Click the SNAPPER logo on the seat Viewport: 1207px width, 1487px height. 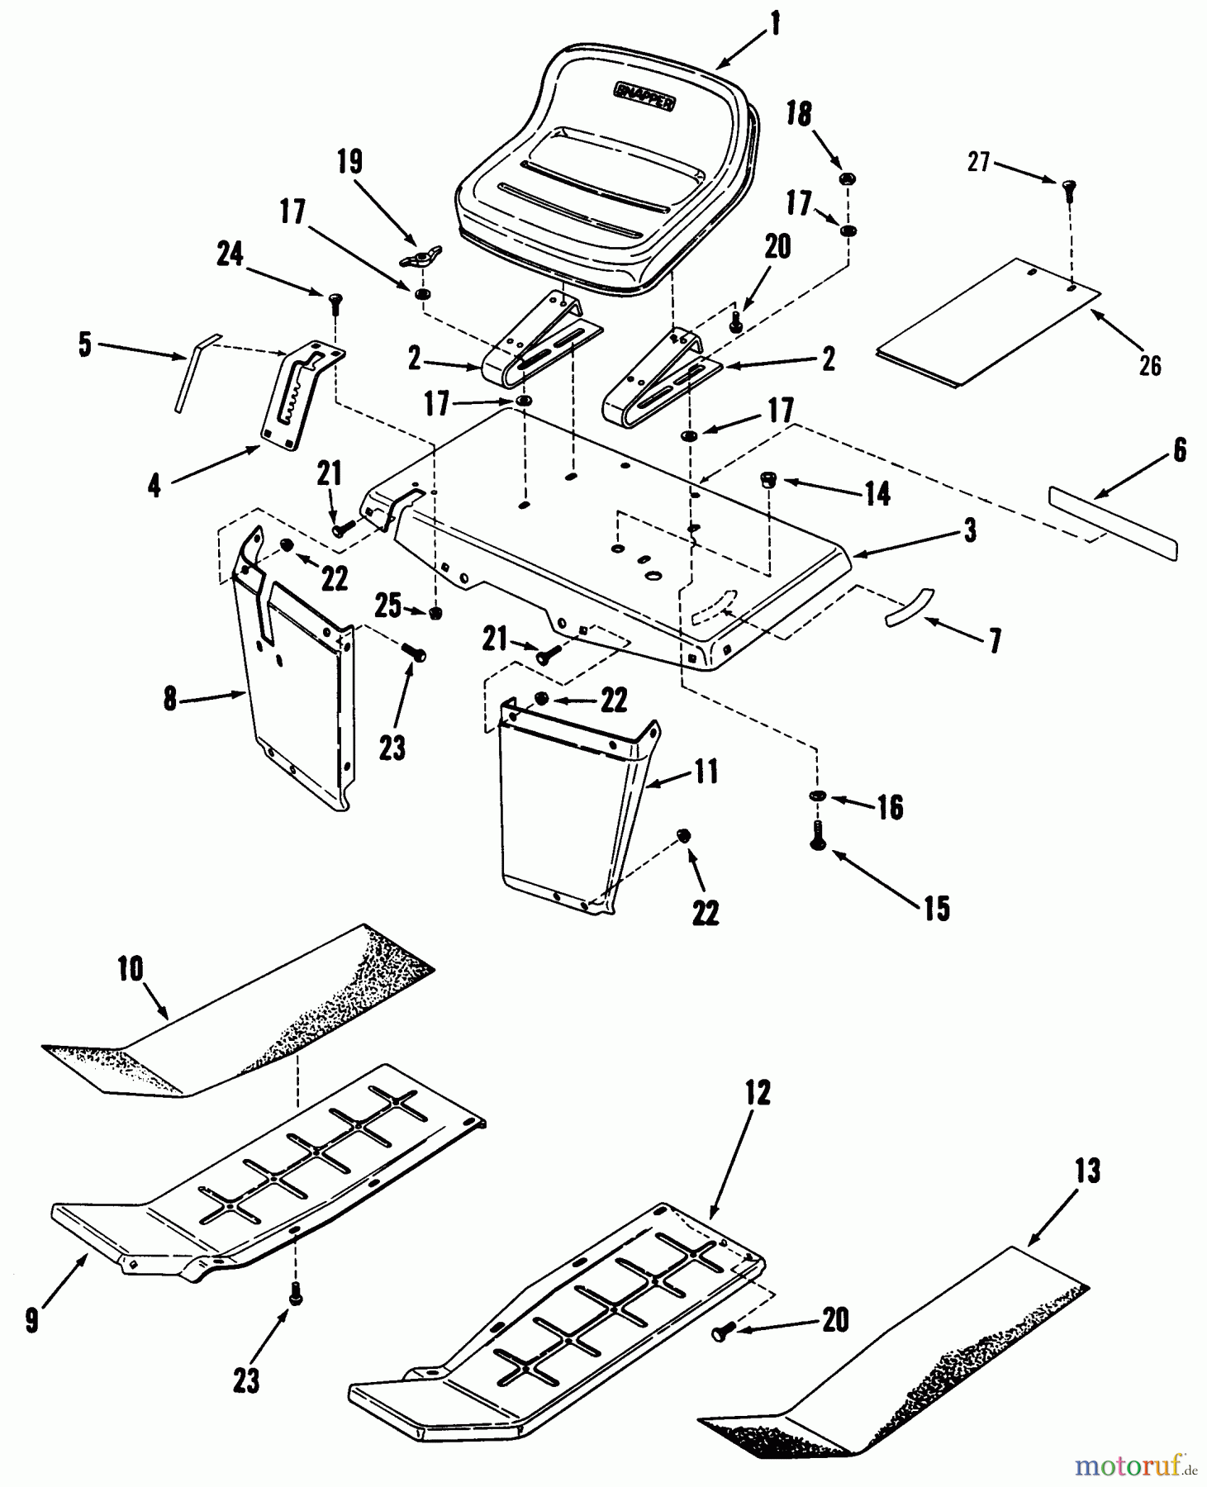645,96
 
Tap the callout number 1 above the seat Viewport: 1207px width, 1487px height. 773,25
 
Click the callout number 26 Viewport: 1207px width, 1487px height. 1150,364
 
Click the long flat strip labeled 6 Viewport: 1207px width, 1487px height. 1113,523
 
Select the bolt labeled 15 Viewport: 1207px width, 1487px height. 818,836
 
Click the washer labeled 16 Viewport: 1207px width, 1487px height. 817,795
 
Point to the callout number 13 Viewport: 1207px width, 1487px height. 1087,1171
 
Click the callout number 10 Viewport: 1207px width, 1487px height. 131,969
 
